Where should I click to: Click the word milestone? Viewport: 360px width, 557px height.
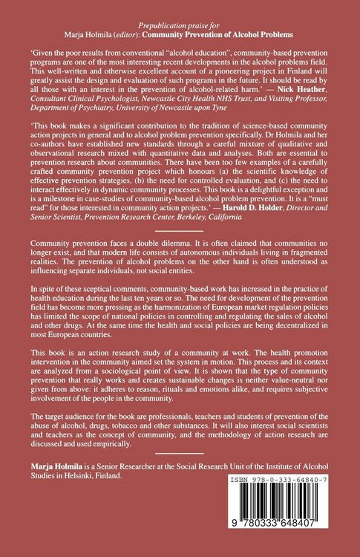coord(82,230)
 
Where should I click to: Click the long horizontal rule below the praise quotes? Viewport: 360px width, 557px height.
coord(180,269)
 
